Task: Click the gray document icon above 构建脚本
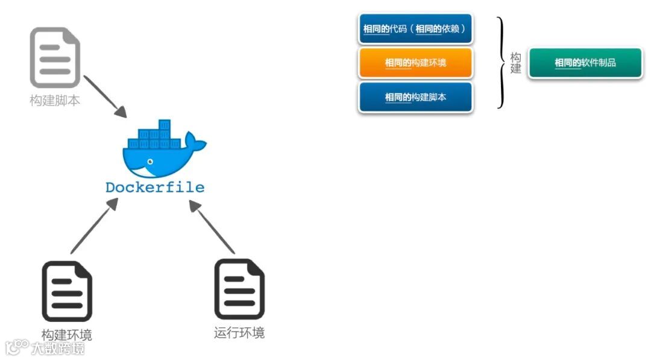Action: tap(55, 58)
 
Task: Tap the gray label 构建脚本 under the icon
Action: tap(55, 101)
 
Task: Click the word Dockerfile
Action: tap(155, 188)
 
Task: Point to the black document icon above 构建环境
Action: tap(67, 291)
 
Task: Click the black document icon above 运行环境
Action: tap(239, 289)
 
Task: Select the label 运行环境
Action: tap(239, 333)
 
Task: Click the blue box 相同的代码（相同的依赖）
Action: tap(416, 29)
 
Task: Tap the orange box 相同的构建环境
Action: tap(415, 63)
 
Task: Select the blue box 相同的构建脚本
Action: tap(415, 97)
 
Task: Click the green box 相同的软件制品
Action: tap(585, 63)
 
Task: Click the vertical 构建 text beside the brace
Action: tap(515, 63)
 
